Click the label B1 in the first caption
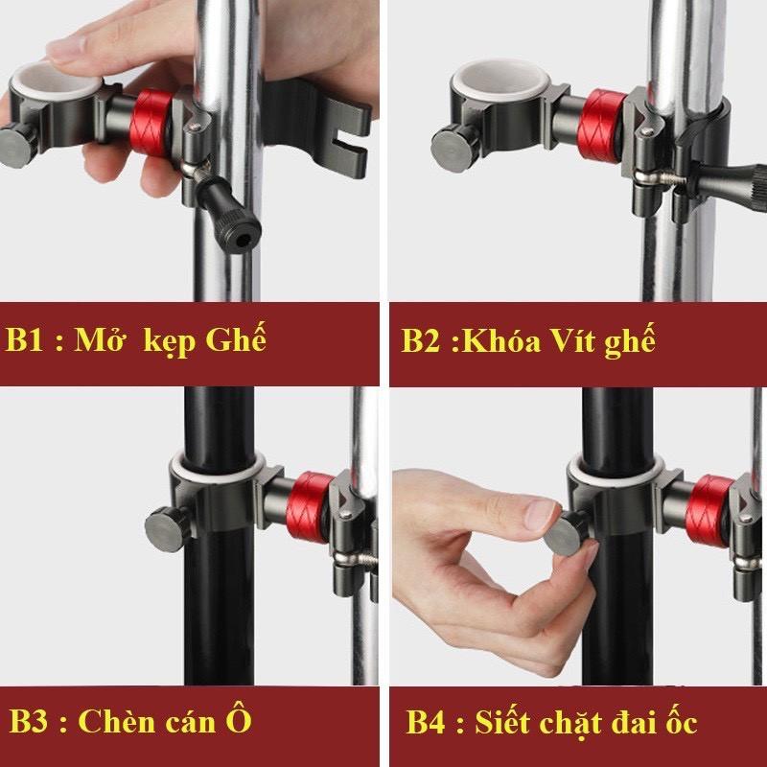(x=29, y=340)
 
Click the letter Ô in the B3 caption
(x=240, y=719)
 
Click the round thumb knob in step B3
(x=164, y=525)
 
